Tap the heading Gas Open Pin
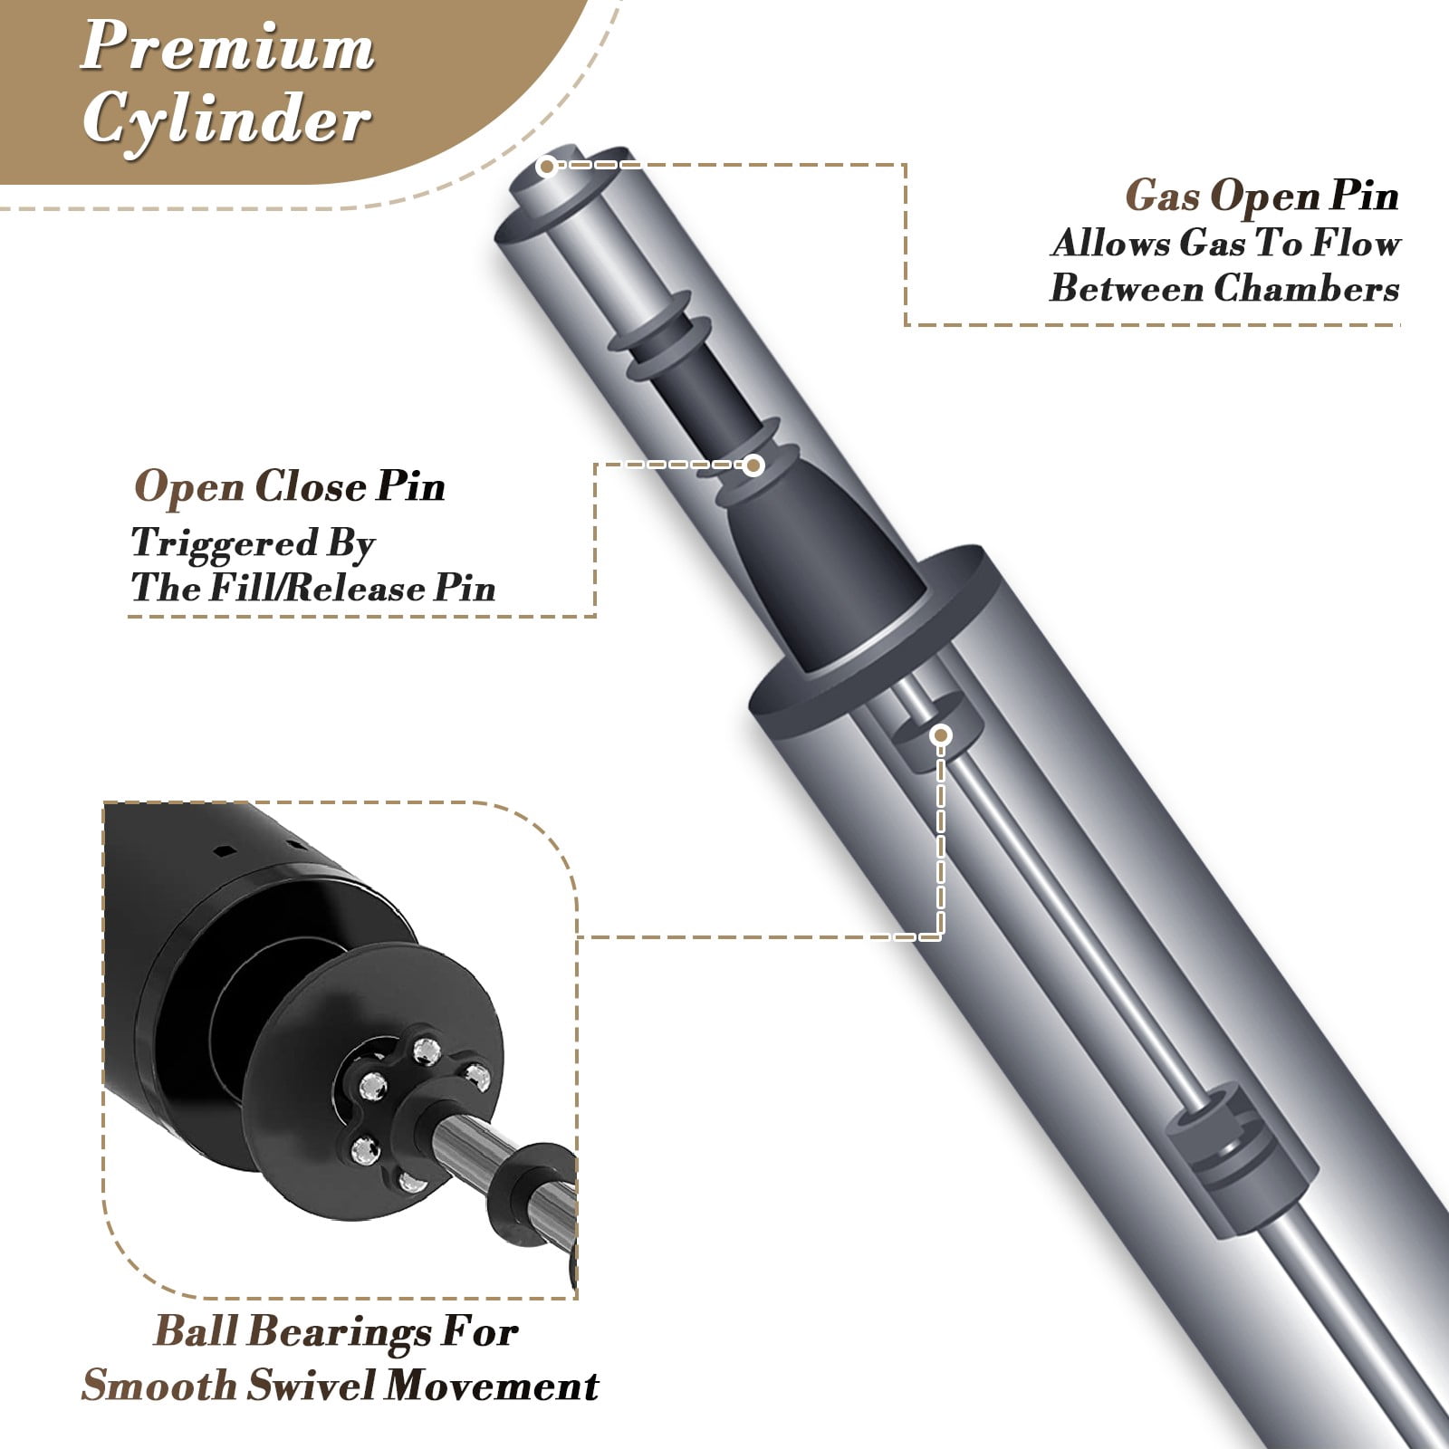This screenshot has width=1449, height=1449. pyautogui.click(x=1262, y=197)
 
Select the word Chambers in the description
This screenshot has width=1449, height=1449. pyautogui.click(x=1306, y=288)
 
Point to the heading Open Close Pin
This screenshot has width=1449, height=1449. pyautogui.click(x=290, y=486)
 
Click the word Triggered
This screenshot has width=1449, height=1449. pyautogui.click(x=226, y=544)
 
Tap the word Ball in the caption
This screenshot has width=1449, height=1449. pyautogui.click(x=196, y=1331)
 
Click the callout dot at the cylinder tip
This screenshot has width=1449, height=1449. pyautogui.click(x=546, y=166)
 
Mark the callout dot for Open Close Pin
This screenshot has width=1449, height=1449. pyautogui.click(x=753, y=465)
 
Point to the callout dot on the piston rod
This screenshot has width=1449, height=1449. pyautogui.click(x=941, y=734)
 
